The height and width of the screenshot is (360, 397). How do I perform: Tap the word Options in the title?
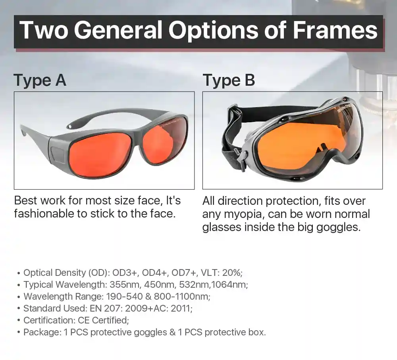coord(214,31)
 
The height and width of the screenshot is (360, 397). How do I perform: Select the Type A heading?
coord(40,81)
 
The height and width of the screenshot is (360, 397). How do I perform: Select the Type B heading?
coord(229,81)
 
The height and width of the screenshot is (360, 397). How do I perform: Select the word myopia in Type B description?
coord(244,214)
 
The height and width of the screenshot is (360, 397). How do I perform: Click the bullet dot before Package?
coord(19,333)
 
